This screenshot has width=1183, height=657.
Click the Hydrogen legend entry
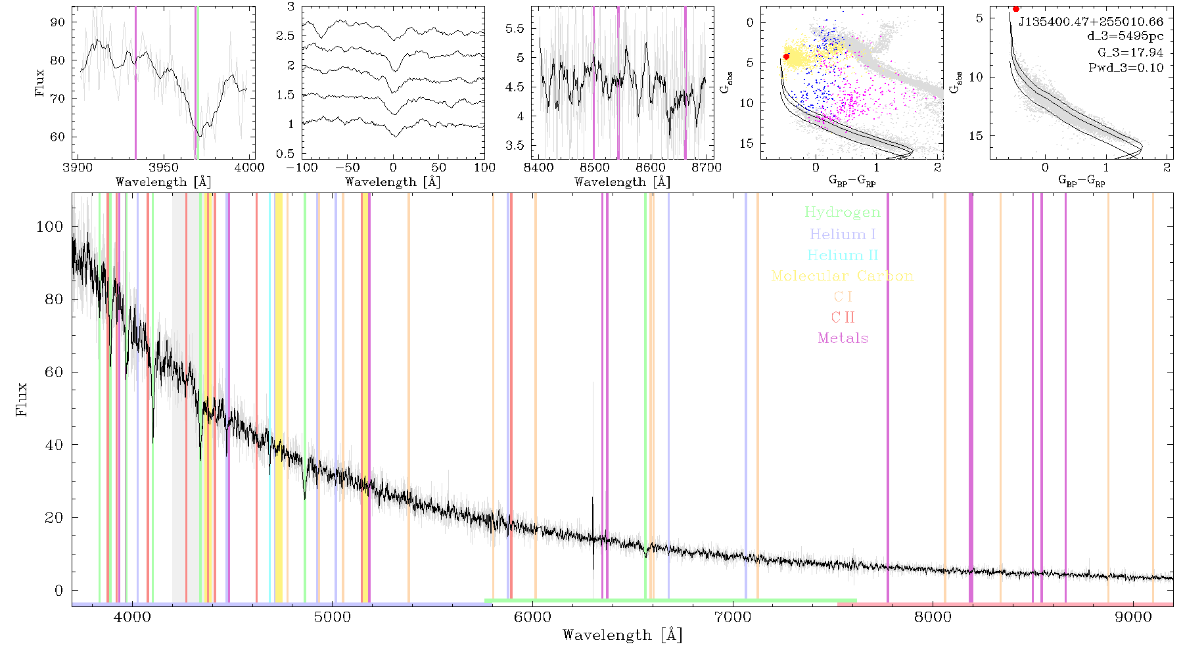(842, 213)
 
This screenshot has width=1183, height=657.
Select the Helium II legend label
(843, 255)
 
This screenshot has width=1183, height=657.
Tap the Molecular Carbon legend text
(843, 276)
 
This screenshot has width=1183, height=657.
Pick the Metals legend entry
(843, 338)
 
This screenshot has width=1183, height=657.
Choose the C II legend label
(843, 317)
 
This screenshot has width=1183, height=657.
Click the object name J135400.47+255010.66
(1091, 22)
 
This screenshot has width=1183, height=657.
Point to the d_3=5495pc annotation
(1125, 37)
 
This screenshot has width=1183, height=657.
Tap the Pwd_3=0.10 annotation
(1126, 67)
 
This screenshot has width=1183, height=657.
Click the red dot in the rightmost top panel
(1016, 9)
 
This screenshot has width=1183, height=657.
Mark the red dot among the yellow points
(786, 57)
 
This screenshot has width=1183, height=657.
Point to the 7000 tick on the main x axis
(733, 617)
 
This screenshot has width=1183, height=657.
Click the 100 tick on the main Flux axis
(50, 227)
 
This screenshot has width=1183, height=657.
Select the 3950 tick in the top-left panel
(164, 167)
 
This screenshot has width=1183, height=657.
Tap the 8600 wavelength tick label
(651, 167)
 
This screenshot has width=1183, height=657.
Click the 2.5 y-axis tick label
(286, 35)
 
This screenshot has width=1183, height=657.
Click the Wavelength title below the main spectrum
(622, 635)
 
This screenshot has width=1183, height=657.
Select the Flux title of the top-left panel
(40, 83)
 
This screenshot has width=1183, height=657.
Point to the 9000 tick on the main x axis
(1133, 617)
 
